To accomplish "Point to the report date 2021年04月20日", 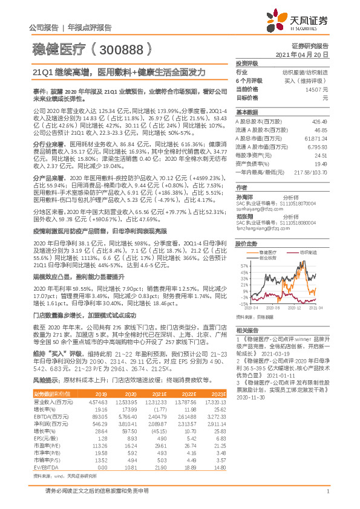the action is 302,54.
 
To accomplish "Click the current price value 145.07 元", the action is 316,89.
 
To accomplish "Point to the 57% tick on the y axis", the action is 243,265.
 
